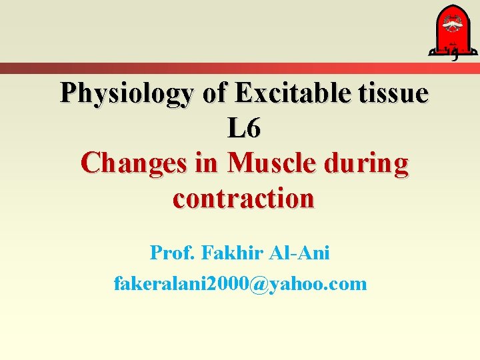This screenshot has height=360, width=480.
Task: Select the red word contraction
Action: [x=243, y=199]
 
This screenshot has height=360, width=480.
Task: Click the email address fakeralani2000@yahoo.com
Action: [x=241, y=284]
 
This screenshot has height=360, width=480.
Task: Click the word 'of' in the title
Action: [x=214, y=94]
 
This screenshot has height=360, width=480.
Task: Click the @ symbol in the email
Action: [x=258, y=285]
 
